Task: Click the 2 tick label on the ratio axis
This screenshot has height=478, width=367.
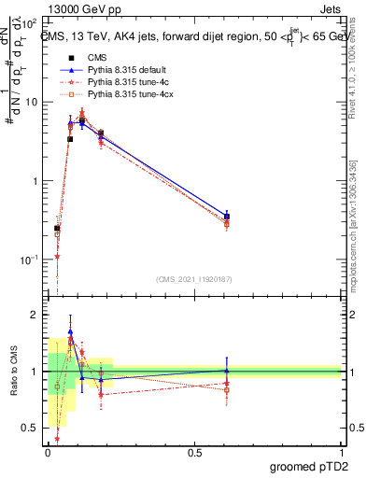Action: pyautogui.click(x=35, y=316)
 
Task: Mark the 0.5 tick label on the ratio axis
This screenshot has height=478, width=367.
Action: pyautogui.click(x=31, y=428)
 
